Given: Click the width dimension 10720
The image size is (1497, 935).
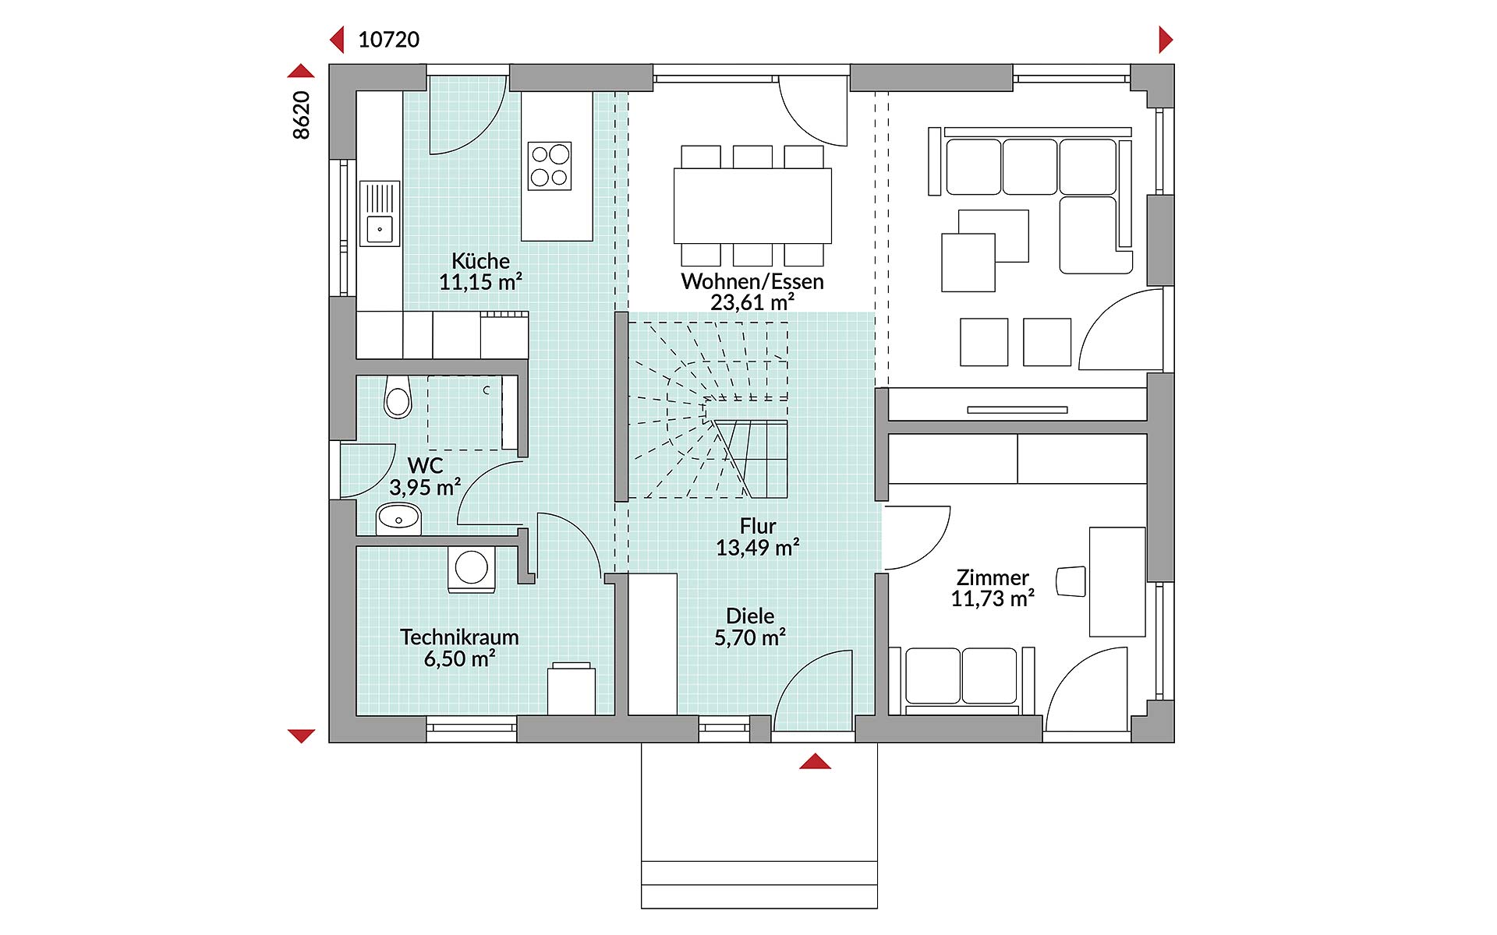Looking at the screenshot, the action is point(388,40).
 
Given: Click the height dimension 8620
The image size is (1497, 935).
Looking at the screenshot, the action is point(302,115).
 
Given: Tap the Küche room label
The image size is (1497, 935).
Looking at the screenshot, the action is point(480,260).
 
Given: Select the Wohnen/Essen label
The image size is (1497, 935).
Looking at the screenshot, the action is point(752,281).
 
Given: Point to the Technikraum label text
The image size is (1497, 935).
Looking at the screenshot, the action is point(459,637).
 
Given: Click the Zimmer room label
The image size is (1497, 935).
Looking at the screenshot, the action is point(993,577).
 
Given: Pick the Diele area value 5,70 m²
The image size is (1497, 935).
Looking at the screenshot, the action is point(750,637).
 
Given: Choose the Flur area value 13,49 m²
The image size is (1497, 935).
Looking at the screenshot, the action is point(758,548).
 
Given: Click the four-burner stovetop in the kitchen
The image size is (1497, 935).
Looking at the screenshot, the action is point(550,165).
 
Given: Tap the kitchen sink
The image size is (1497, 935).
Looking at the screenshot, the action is point(380,213).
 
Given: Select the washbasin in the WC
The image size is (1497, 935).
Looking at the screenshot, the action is point(398,519).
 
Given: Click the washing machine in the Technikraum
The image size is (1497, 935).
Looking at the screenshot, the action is point(472,569).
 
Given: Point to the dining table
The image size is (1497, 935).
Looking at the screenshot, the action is point(752,206).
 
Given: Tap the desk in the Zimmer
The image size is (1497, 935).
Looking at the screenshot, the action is point(1117,582).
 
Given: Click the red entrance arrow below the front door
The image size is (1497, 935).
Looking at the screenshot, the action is point(815,761).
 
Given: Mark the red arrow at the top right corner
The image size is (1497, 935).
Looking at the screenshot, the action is point(1166,39).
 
